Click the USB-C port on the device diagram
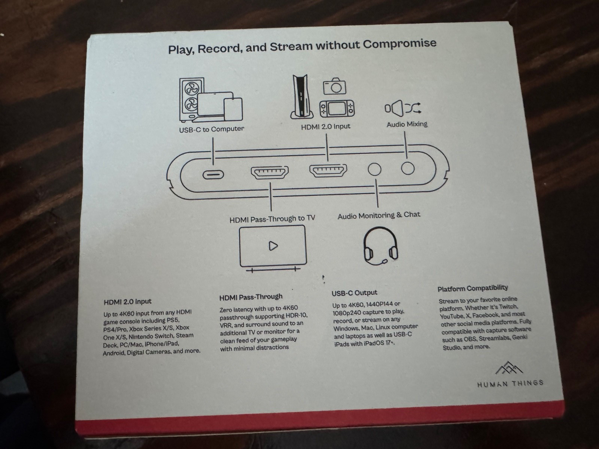213,175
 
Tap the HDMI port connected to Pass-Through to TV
270,173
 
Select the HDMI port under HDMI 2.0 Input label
328,171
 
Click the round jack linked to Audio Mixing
408,168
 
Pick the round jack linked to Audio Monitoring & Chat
374,169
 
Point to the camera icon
334,86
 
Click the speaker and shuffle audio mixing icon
403,108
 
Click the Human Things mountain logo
509,369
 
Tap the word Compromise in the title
399,44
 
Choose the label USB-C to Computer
212,129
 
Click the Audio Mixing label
407,124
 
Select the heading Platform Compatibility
472,288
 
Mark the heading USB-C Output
354,293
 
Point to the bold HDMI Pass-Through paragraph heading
251,297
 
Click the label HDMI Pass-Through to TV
272,219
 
